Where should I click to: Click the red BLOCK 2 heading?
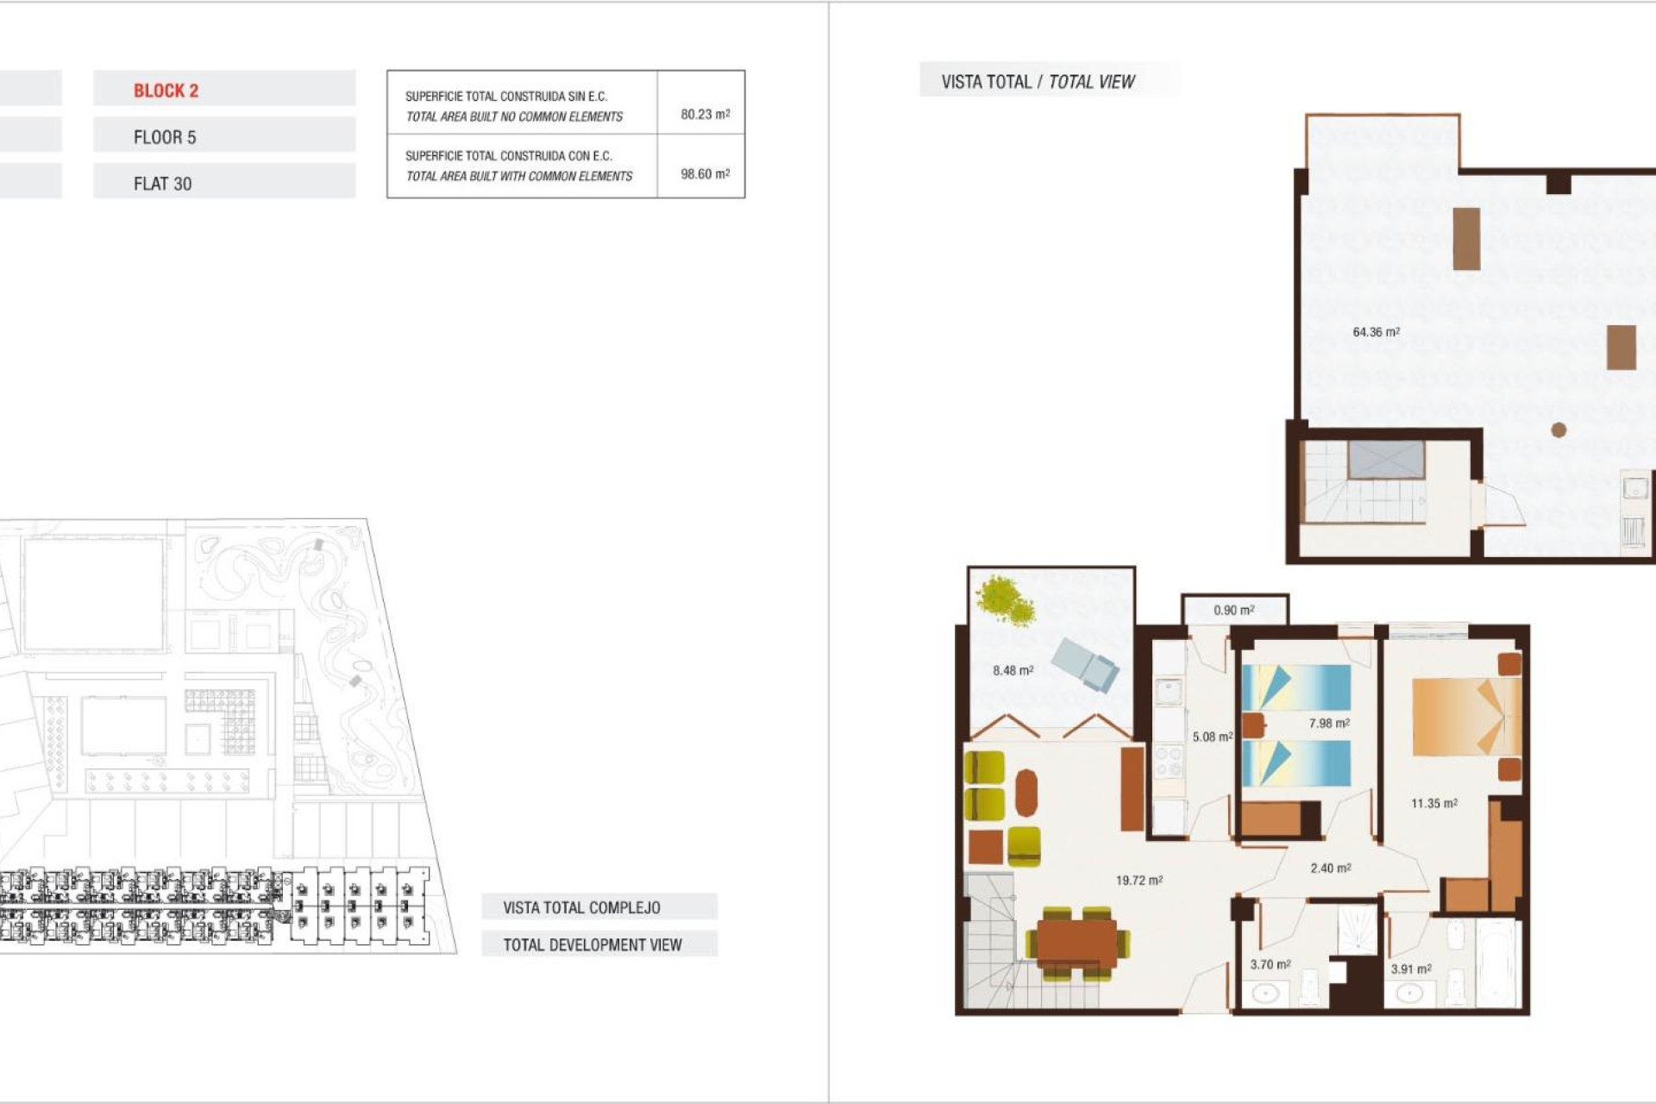click(166, 91)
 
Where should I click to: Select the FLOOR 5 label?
click(165, 137)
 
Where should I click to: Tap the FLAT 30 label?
click(162, 184)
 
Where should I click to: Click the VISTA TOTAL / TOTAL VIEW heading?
click(1038, 82)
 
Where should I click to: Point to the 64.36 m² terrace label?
click(1376, 332)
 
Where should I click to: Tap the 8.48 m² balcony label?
click(1013, 670)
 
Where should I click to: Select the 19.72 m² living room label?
click(1138, 881)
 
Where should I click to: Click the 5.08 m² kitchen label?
click(1212, 737)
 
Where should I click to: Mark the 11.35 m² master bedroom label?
click(1433, 803)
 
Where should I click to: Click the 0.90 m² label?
click(1233, 610)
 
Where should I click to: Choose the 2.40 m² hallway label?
click(1330, 869)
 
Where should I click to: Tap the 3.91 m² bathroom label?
click(1410, 969)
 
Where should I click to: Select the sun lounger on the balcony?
click(1085, 664)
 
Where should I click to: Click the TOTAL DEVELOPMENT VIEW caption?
click(593, 944)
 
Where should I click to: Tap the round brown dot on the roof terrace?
click(1559, 430)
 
